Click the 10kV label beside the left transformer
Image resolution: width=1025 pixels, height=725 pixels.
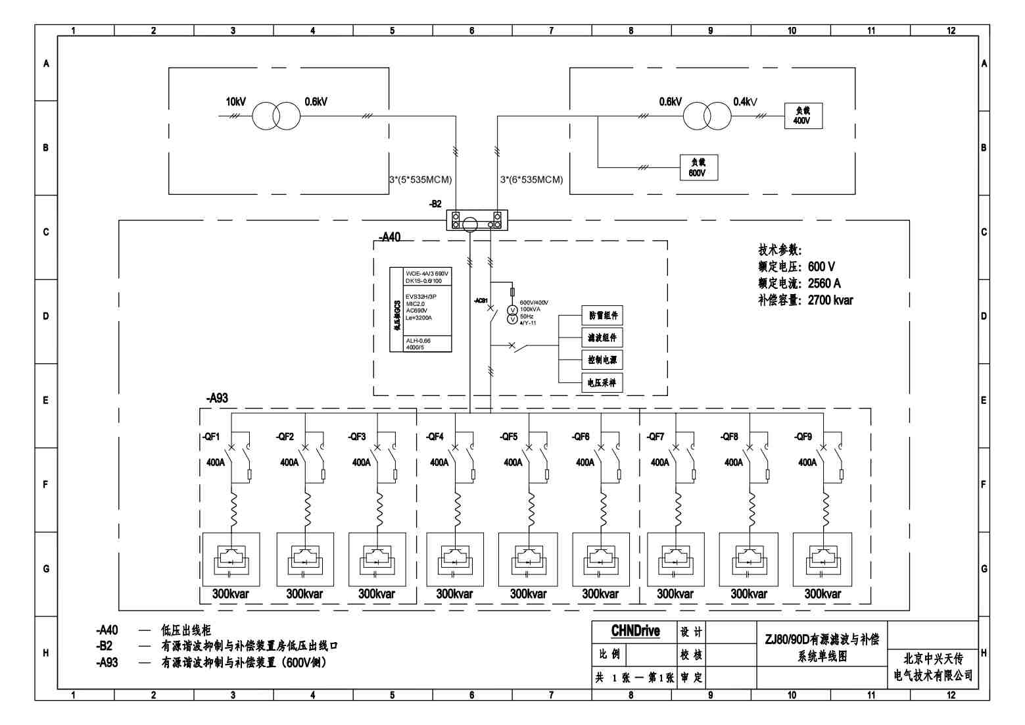(235, 102)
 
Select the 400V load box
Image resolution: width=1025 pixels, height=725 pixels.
(803, 116)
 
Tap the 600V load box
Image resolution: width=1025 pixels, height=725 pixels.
(698, 168)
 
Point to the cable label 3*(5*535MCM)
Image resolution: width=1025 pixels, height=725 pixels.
(421, 180)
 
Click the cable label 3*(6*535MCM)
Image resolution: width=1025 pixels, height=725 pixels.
(531, 180)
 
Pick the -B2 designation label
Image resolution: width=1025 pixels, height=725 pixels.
(435, 204)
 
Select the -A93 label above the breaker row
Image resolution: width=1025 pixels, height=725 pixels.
(217, 399)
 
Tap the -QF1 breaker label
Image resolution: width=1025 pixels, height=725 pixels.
(211, 437)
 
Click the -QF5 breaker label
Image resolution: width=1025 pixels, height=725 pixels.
(508, 437)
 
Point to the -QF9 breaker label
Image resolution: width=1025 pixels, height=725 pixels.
(803, 437)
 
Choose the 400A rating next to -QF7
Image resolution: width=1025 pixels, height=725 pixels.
(659, 463)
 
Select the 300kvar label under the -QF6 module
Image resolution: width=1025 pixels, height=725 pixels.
(600, 594)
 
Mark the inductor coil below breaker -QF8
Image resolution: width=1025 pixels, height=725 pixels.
(751, 507)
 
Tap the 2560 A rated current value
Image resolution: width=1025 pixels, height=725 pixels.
(824, 284)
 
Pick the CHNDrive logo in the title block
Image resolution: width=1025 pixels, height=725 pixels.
(635, 632)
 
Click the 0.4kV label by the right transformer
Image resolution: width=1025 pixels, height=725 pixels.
(745, 102)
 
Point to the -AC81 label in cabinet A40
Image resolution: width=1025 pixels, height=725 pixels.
(481, 301)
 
